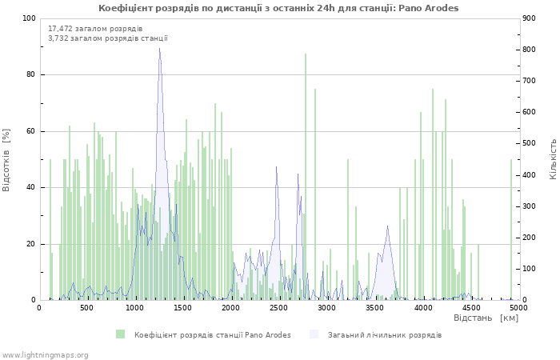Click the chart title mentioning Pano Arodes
click(x=278, y=8)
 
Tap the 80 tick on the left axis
click(x=30, y=74)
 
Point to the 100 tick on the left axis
click(x=29, y=18)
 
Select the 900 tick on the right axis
click(x=529, y=18)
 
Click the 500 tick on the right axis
click(x=529, y=143)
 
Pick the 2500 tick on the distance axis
click(x=278, y=308)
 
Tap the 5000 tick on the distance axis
click(x=518, y=308)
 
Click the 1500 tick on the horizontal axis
click(x=182, y=308)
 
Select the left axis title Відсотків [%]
click(x=6, y=160)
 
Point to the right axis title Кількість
click(x=553, y=159)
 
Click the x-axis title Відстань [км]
click(x=486, y=318)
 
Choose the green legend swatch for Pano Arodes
click(x=120, y=334)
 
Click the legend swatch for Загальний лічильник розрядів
click(x=314, y=334)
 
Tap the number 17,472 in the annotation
click(x=60, y=29)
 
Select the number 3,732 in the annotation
click(x=58, y=38)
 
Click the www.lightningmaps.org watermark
click(x=45, y=355)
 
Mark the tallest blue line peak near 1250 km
click(x=159, y=48)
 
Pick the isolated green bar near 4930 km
click(x=511, y=230)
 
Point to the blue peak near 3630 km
click(x=387, y=226)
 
